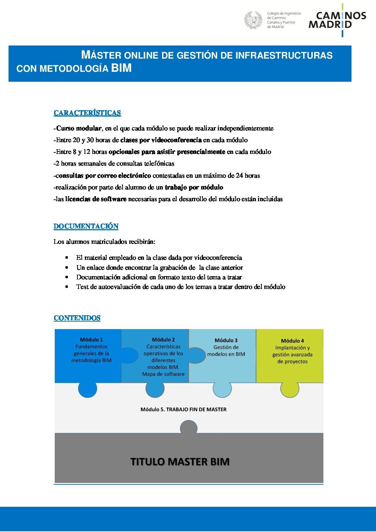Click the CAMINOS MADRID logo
pos(337,20)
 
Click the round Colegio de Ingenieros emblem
pos(253,20)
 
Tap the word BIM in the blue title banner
pos(121,68)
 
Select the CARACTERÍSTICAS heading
pos(87,113)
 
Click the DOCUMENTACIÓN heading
pos(86,226)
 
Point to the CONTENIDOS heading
pos(77,318)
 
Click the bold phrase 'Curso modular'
pos(79,128)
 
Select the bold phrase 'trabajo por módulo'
pos(194,187)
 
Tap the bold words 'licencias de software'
pos(96,199)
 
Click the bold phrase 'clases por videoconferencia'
pos(161,140)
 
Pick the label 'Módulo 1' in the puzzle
pos(91,340)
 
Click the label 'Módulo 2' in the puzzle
pos(163,340)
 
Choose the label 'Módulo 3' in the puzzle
pos(226,340)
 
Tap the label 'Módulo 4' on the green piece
pos(292,341)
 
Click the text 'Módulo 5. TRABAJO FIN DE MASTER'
pos(183,409)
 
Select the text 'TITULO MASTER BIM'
pos(180,462)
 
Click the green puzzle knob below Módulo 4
pos(290,389)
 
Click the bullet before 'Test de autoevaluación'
pos(67,286)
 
